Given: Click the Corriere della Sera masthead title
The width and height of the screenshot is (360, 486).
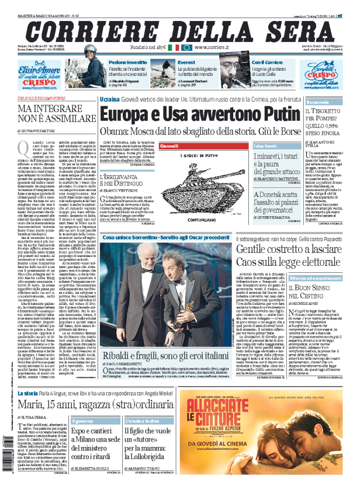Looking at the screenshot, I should (181, 27).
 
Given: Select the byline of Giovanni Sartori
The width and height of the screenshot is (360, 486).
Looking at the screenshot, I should (41, 131).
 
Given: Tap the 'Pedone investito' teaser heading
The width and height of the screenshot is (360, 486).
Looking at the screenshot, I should (128, 62).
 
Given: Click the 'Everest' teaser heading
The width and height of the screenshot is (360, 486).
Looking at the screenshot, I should (187, 62).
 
